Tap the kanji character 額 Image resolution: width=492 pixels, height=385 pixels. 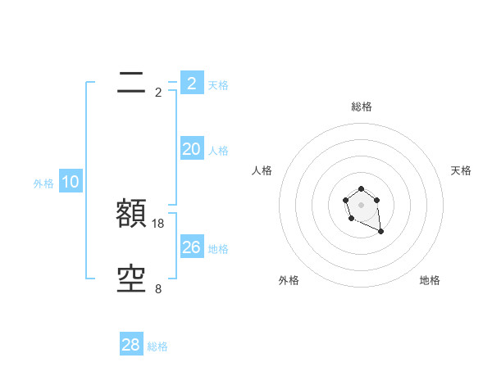pyautogui.click(x=132, y=214)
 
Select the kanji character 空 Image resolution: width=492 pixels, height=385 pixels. pyautogui.click(x=132, y=279)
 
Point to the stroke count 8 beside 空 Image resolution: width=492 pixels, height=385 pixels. pyautogui.click(x=158, y=289)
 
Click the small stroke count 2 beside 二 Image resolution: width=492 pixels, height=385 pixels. pyautogui.click(x=158, y=93)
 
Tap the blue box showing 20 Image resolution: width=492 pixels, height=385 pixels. pyautogui.click(x=191, y=149)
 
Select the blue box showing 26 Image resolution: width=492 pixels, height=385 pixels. pyautogui.click(x=191, y=247)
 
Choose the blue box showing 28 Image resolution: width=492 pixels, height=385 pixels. pyautogui.click(x=131, y=345)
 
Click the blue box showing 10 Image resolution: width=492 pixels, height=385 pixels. pyautogui.click(x=71, y=183)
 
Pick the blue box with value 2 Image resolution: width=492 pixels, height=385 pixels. pyautogui.click(x=191, y=84)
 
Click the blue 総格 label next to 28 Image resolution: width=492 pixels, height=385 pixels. pyautogui.click(x=158, y=346)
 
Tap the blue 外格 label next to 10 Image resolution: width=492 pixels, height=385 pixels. pyautogui.click(x=43, y=184)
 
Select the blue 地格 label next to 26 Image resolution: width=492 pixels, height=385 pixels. pyautogui.click(x=218, y=249)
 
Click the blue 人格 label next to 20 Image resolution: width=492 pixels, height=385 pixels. pyautogui.click(x=218, y=151)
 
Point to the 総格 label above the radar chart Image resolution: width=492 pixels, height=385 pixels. pyautogui.click(x=362, y=106)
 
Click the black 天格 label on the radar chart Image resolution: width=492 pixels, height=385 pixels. pyautogui.click(x=462, y=170)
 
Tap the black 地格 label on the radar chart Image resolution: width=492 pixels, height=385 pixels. pyautogui.click(x=430, y=280)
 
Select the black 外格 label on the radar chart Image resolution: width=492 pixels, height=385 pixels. pyautogui.click(x=289, y=280)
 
